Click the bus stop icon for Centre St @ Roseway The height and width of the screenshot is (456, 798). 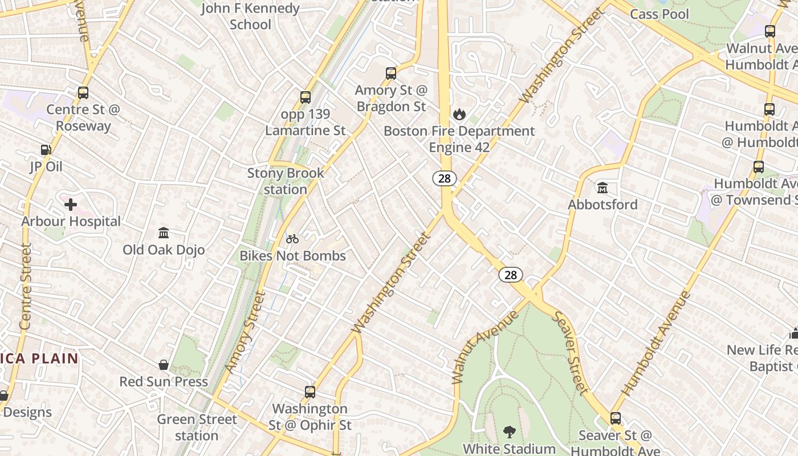coord(83,93)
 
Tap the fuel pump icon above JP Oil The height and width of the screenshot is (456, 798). coord(46,150)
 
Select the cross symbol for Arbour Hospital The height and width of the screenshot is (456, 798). coord(71,204)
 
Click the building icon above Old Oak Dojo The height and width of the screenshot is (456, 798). coord(164,233)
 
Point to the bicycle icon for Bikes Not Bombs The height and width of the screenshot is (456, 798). coord(292,239)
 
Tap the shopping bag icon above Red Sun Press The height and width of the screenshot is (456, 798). coord(164,365)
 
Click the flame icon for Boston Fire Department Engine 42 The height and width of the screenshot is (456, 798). coord(459,115)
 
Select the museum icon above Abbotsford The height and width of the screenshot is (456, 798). coord(602,187)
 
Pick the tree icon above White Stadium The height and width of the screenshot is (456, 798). coord(509,432)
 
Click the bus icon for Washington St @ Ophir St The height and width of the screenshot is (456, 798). coord(310,392)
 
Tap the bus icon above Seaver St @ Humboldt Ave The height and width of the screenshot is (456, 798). coord(615,418)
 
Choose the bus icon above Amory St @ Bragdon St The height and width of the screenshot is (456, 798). coord(390,74)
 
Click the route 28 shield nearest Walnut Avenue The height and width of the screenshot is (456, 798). coord(511,275)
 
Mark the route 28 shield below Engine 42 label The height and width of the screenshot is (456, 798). coord(445,178)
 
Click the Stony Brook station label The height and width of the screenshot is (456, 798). coord(286,181)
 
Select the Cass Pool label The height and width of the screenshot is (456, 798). coord(659,14)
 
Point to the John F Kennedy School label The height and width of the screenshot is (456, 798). coord(250,16)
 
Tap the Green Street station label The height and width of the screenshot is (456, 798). coord(197,427)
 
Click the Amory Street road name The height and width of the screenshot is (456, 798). coord(245,332)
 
